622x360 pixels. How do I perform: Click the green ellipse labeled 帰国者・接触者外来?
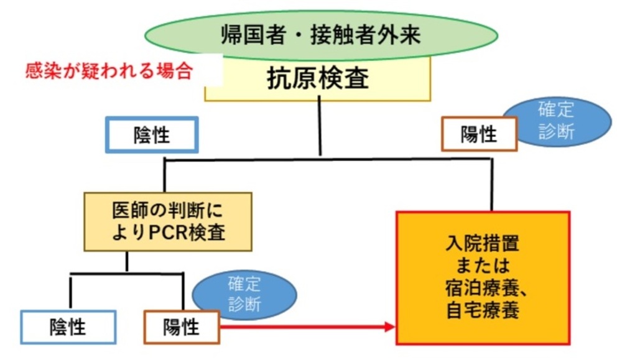pyautogui.click(x=321, y=35)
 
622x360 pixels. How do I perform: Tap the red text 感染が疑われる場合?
pyautogui.click(x=109, y=72)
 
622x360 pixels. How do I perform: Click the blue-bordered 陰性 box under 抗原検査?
pyautogui.click(x=152, y=135)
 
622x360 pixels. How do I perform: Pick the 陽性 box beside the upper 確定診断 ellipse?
pyautogui.click(x=479, y=134)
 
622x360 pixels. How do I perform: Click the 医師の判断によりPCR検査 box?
pyautogui.click(x=168, y=221)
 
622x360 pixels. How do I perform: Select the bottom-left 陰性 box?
pyautogui.click(x=68, y=327)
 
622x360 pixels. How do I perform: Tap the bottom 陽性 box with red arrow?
pyautogui.click(x=182, y=327)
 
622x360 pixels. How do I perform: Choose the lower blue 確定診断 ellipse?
pyautogui.click(x=244, y=295)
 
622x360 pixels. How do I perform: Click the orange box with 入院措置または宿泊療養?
pyautogui.click(x=483, y=278)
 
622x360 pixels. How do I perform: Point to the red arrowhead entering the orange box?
pyautogui.click(x=390, y=327)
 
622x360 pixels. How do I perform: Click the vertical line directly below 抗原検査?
pyautogui.click(x=320, y=126)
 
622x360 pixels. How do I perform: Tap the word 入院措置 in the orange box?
pyautogui.click(x=483, y=243)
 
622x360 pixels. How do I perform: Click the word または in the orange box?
pyautogui.click(x=483, y=265)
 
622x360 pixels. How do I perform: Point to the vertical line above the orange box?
pyautogui.click(x=492, y=185)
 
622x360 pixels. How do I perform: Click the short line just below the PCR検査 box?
pyautogui.click(x=126, y=262)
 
